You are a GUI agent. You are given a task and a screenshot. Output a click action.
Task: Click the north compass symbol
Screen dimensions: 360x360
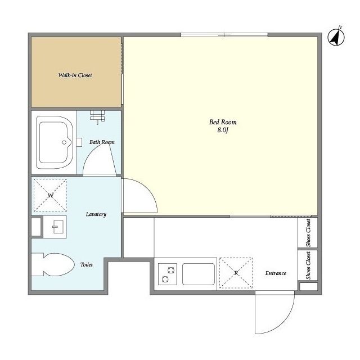(336, 38)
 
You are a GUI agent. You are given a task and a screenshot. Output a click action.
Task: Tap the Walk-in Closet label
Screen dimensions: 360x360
(75, 75)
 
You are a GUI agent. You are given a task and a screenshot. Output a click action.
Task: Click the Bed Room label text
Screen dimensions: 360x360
(223, 122)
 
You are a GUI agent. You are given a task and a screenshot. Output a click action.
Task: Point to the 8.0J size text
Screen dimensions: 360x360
(223, 130)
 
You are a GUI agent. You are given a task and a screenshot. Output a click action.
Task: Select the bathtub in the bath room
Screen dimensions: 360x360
(55, 142)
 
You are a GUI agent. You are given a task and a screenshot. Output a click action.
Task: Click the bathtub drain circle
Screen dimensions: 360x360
(64, 142)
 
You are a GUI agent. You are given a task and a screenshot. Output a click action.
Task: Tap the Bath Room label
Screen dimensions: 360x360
(102, 142)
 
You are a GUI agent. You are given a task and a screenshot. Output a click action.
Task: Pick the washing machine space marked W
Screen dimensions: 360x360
(50, 195)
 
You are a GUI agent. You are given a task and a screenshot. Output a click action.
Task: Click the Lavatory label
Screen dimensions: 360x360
(96, 214)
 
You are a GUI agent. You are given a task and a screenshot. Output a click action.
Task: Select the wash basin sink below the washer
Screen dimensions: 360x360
(55, 227)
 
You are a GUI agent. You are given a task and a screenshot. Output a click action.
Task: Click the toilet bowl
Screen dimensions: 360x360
(53, 264)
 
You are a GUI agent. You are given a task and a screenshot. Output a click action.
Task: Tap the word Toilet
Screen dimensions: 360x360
(87, 264)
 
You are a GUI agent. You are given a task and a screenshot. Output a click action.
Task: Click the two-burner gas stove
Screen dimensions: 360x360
(168, 274)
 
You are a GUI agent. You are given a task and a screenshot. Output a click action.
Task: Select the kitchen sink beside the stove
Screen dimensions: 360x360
(199, 274)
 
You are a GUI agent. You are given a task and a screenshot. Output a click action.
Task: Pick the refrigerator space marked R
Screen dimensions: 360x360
(236, 273)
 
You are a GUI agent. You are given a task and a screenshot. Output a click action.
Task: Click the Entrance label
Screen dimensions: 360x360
(276, 273)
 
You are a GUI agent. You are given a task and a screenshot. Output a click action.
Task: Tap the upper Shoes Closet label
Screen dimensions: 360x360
(308, 233)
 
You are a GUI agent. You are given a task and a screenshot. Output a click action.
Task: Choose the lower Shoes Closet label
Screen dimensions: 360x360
(308, 265)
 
